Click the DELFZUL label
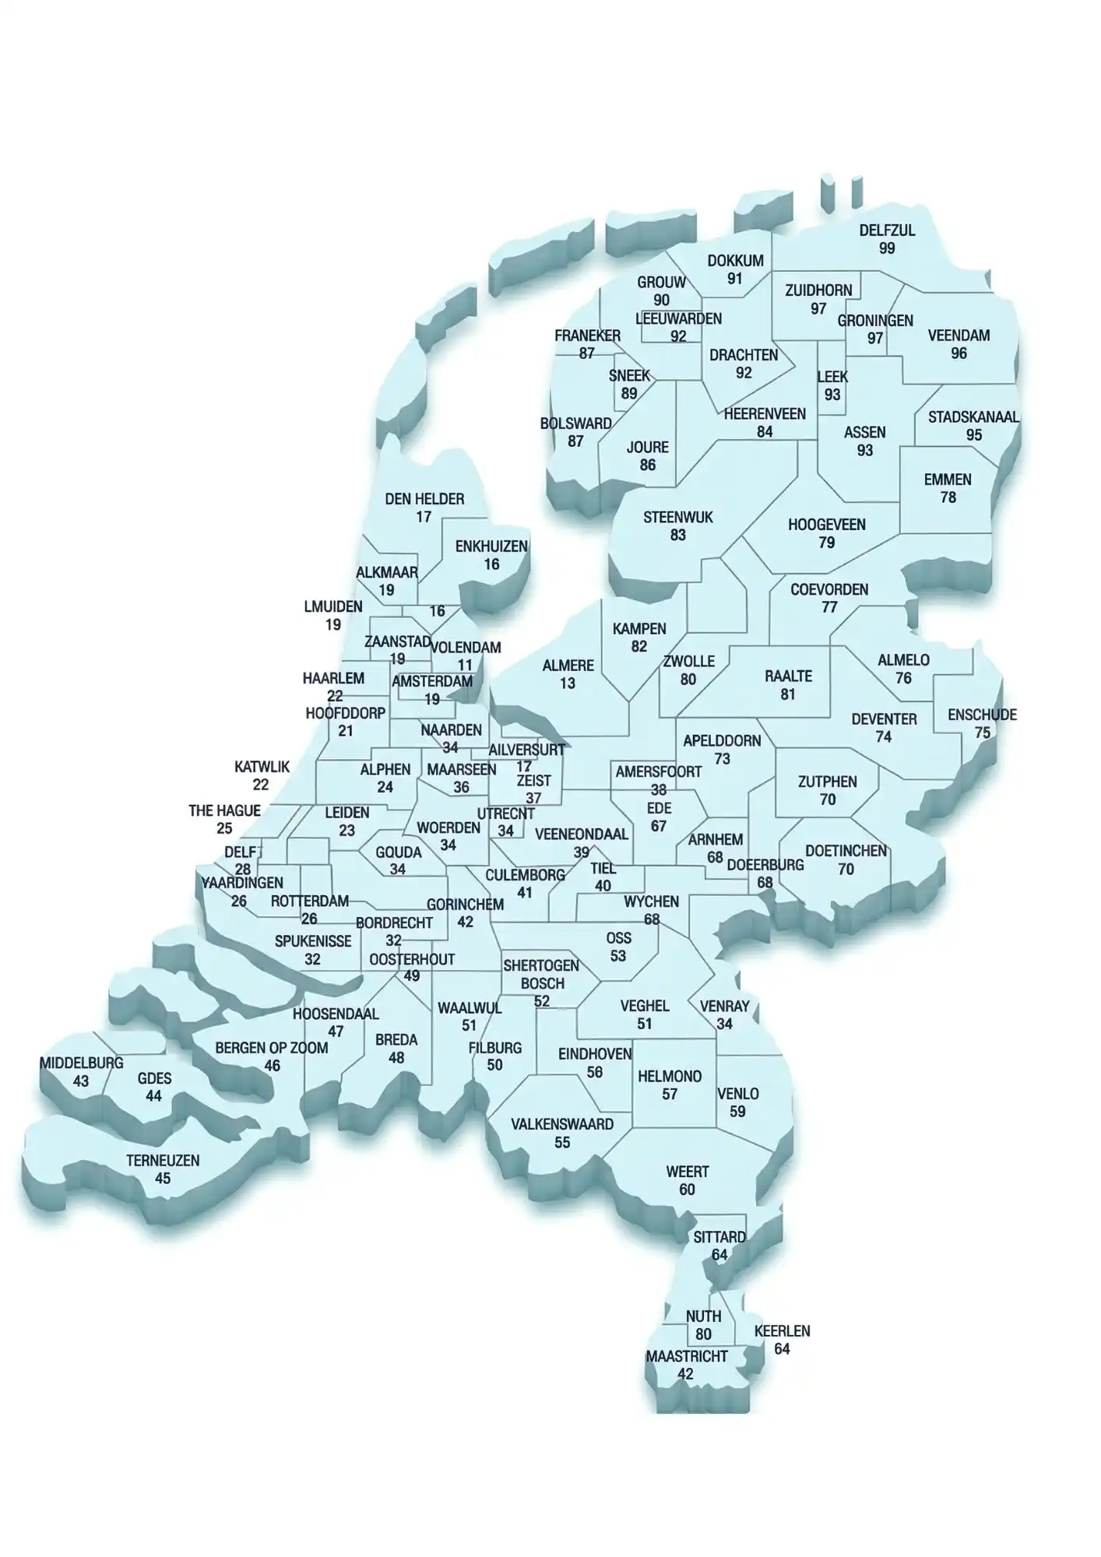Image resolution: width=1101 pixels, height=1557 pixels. [x=887, y=230]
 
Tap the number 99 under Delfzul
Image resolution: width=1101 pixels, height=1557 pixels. [x=887, y=248]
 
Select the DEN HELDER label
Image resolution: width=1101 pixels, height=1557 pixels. [x=424, y=499]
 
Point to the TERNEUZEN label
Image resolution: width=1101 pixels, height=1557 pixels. [x=163, y=1160]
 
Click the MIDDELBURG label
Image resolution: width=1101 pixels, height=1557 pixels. [x=81, y=1063]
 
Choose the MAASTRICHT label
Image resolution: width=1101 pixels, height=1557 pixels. [x=686, y=1356]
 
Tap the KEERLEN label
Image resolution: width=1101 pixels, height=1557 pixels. [x=782, y=1331]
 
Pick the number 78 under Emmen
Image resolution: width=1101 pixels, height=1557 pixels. [x=948, y=497]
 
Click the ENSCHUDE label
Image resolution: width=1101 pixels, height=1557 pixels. [x=982, y=715]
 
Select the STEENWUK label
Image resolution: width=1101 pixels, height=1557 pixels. [x=677, y=518]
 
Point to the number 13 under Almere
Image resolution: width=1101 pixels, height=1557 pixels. [x=568, y=684]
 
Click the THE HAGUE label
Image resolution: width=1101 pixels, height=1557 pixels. [x=224, y=811]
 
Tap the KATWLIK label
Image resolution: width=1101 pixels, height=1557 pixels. [x=262, y=767]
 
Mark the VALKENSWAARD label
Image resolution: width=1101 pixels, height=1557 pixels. [x=562, y=1124]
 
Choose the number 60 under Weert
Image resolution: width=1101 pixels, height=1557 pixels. [x=687, y=1190]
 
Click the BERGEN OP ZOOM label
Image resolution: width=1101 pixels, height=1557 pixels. [x=272, y=1048]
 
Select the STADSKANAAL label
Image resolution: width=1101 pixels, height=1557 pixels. [x=973, y=417]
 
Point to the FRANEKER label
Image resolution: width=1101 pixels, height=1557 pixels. [x=587, y=336]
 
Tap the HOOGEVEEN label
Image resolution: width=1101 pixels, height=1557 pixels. [x=826, y=525]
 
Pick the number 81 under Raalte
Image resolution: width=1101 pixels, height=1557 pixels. [x=788, y=694]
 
